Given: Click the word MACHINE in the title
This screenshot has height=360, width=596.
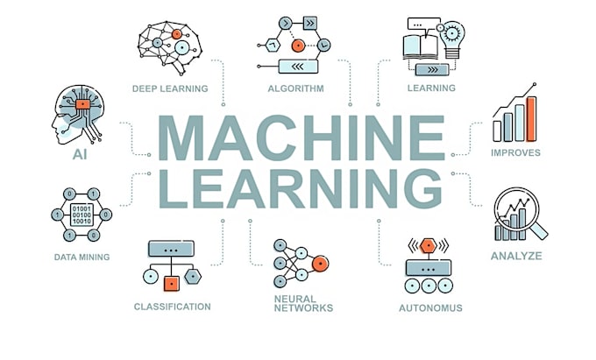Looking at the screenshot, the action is click(x=301, y=138).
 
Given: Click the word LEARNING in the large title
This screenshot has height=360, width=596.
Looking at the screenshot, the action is click(x=301, y=188).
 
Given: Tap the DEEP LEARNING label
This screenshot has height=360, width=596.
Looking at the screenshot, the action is click(x=170, y=88).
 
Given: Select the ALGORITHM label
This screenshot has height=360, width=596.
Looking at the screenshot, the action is click(x=296, y=88).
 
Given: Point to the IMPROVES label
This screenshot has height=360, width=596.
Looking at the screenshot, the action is click(x=515, y=152).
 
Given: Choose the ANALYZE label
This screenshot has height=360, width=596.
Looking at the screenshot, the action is click(x=516, y=256).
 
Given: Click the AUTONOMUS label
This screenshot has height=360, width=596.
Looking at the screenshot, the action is click(x=430, y=308).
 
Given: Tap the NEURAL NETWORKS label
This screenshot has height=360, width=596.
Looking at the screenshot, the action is click(x=303, y=303).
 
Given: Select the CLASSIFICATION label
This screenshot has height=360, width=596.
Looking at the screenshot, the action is click(x=172, y=307).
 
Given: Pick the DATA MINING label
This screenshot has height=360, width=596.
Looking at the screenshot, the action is click(x=82, y=258).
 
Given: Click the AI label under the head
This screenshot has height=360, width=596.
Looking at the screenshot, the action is click(x=80, y=154).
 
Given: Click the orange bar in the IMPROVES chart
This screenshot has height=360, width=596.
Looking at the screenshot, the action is click(x=531, y=119).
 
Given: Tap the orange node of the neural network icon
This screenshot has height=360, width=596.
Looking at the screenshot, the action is click(x=320, y=263).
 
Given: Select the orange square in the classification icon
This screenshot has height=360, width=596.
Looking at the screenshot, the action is click(x=172, y=283).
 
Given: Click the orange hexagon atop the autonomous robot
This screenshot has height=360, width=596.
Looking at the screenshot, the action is click(x=429, y=246).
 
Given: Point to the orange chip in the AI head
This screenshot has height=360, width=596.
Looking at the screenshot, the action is click(x=83, y=104).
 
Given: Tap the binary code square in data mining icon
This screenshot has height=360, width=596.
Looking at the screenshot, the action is click(x=82, y=215).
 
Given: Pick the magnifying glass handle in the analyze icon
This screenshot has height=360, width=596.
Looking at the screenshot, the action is click(x=539, y=230).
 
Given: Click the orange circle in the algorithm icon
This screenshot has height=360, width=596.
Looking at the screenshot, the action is click(x=298, y=46).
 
